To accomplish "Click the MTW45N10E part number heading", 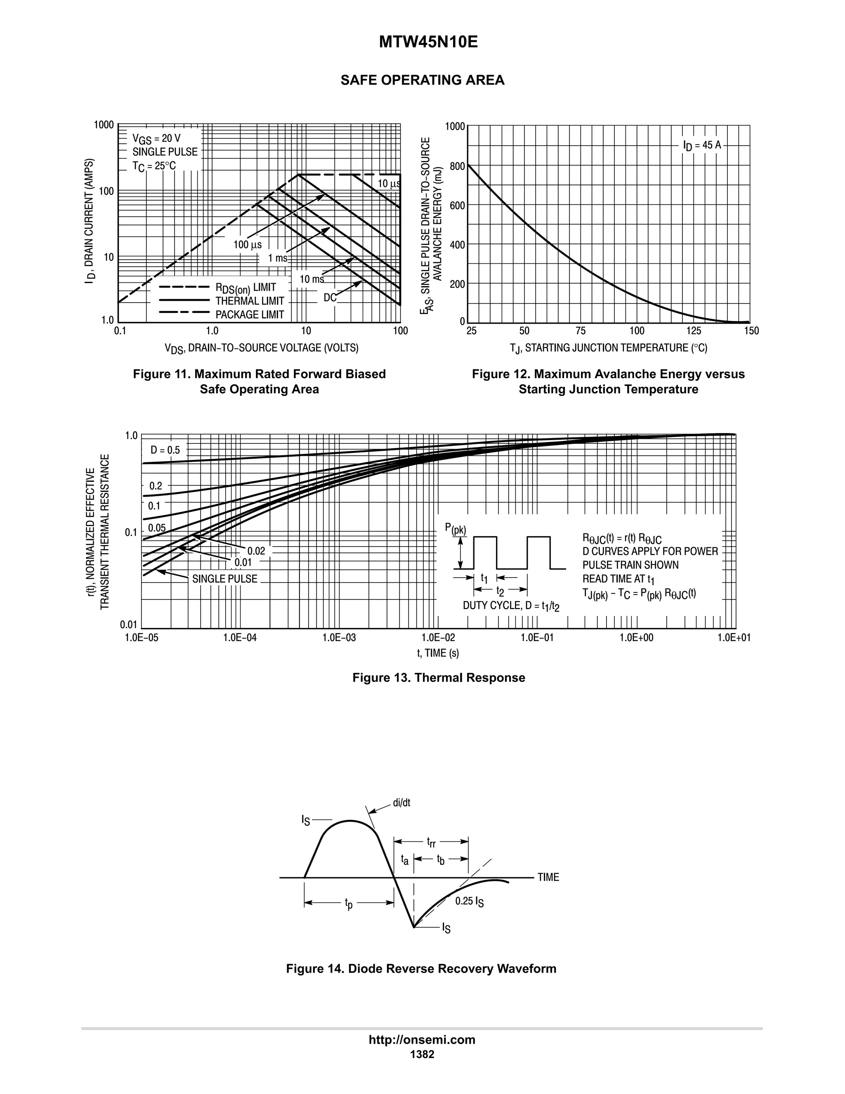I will point(428,43).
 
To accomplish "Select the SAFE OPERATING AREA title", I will point(422,80).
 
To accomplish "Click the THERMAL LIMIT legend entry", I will point(249,301).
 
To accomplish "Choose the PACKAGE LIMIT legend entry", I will point(249,315).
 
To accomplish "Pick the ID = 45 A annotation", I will point(702,145).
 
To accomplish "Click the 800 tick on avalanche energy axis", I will point(457,166).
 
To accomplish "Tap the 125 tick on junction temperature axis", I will point(693,331).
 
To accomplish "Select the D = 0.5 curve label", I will point(165,450).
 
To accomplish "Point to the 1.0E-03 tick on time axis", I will point(339,638).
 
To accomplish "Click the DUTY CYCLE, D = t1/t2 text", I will point(511,606).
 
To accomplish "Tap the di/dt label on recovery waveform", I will point(401,803).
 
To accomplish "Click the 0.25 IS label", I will point(469,901).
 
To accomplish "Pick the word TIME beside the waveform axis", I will point(548,877).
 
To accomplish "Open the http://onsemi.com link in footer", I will point(422,1040).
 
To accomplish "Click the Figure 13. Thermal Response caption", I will point(439,678).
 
